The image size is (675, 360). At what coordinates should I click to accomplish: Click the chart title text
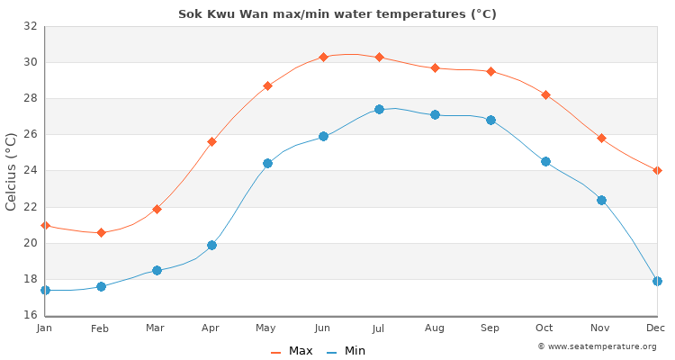coord(337,14)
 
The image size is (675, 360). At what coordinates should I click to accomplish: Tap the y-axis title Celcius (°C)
coord(12,171)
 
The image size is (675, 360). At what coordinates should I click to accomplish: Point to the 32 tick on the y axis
coord(30,26)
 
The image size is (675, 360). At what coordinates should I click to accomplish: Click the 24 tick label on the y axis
coord(30,171)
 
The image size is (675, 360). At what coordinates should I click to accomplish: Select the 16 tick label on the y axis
coord(30,315)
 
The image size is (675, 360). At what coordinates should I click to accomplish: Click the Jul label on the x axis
coord(379,328)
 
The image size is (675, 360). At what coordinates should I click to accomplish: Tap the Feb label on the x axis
coord(100,328)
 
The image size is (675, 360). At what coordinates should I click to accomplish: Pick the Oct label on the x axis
coord(545,328)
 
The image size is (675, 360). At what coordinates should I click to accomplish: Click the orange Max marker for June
coord(323,57)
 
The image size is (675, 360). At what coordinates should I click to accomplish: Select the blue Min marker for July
coord(379,109)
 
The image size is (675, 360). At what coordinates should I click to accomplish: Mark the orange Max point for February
coord(101,232)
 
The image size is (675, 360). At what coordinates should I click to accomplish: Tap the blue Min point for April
coord(211,245)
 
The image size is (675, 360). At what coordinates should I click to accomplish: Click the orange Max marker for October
coord(545,94)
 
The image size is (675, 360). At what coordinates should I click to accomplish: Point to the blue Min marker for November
coord(601,200)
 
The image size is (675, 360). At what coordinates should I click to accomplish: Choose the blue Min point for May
coord(267,163)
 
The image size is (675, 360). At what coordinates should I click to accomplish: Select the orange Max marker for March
coord(157,209)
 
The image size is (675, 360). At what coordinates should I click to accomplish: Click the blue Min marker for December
coord(657,281)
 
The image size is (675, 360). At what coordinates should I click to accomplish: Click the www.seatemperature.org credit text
coord(597,346)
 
